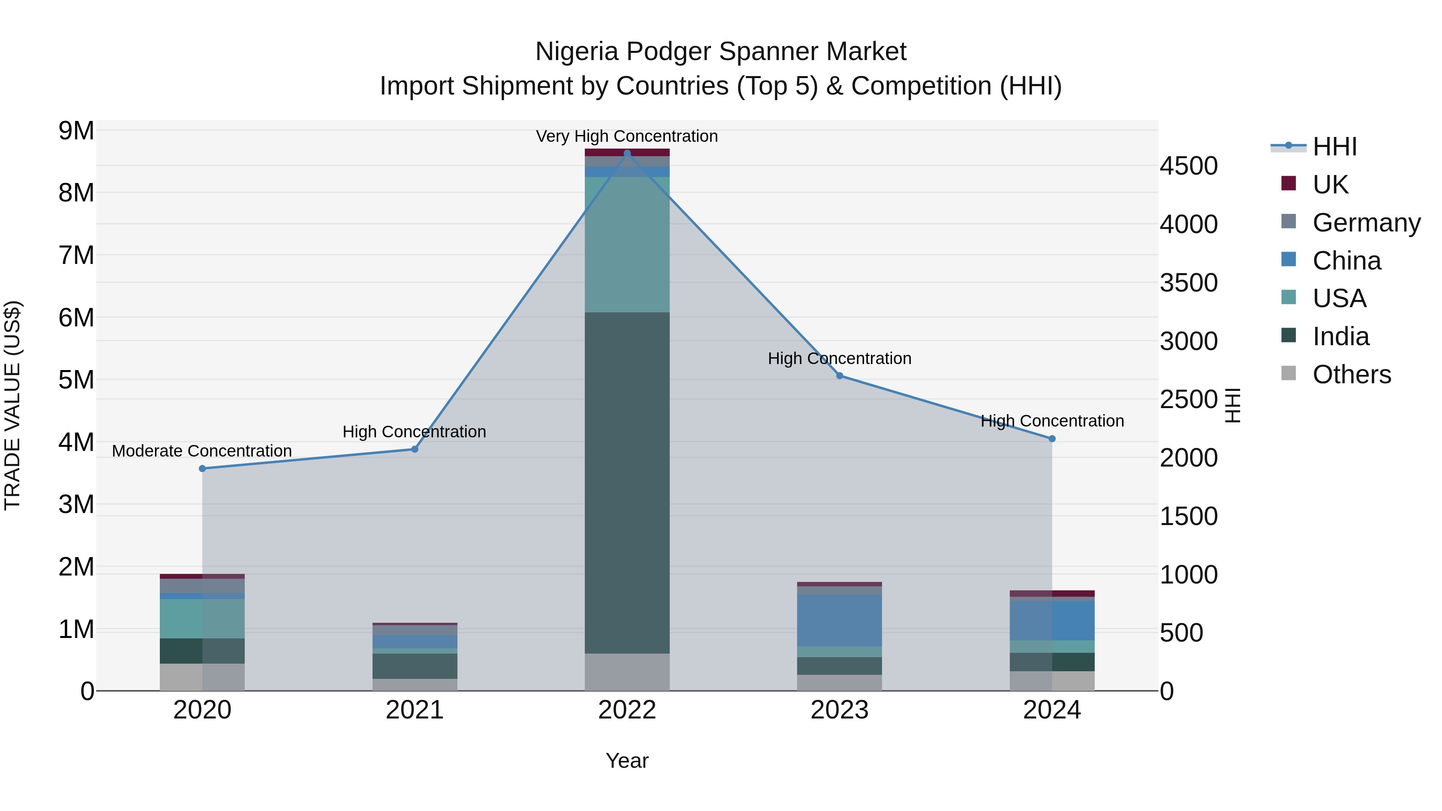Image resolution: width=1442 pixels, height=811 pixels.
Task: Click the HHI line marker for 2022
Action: (627, 153)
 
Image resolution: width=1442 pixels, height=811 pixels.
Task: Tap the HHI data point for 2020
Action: (202, 469)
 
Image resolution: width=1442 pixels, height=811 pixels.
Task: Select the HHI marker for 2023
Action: (840, 376)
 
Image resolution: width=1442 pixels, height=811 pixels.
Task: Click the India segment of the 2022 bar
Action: (627, 481)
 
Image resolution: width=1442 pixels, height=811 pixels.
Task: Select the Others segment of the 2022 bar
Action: (627, 672)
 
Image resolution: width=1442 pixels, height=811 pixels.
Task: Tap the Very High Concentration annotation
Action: (627, 137)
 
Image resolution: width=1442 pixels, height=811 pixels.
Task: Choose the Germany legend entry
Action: (1366, 223)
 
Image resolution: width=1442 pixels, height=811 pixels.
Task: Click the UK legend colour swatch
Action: (1288, 183)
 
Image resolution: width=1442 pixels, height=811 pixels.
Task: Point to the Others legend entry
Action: (1351, 374)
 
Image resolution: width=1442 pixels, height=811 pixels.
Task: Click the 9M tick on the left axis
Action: (76, 131)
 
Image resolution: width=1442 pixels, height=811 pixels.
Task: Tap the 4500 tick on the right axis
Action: (1188, 166)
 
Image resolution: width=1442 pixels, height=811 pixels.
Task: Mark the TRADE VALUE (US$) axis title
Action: (12, 405)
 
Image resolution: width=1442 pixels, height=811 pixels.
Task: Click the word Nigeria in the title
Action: (576, 52)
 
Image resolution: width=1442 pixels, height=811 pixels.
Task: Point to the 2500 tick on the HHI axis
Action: (1188, 400)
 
